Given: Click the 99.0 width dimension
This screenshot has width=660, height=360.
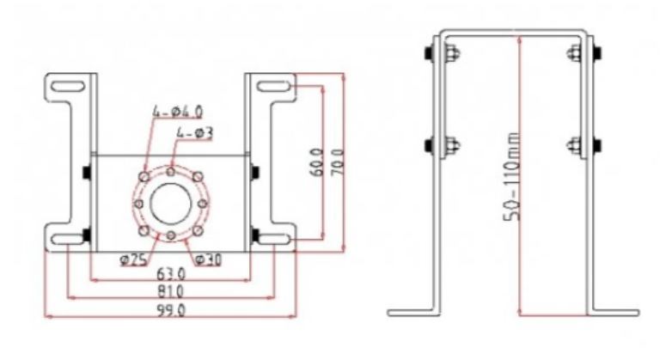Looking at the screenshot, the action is click(171, 311).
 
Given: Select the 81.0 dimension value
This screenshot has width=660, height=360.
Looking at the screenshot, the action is click(171, 291).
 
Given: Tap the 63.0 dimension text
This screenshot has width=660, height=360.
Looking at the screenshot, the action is click(171, 274).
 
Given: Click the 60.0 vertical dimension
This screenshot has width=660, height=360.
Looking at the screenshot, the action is click(318, 162).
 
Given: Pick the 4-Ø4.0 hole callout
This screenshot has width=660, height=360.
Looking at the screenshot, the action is click(178, 112).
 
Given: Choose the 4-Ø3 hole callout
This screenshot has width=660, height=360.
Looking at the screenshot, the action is click(195, 133).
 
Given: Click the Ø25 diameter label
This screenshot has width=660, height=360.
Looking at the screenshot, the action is click(133, 260).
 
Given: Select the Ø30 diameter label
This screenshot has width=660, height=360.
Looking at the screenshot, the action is click(208, 260).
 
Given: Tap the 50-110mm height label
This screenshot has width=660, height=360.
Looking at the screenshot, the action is click(512, 176).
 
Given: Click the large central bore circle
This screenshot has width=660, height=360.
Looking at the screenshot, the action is click(171, 204).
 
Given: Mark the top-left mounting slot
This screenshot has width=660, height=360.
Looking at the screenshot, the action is click(68, 87).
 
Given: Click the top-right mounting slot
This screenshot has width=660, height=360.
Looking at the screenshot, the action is click(273, 87).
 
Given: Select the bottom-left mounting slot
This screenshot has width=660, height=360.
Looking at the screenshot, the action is click(68, 240).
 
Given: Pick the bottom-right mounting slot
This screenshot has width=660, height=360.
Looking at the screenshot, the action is click(273, 240).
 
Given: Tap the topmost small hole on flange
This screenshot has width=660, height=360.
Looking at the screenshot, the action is click(170, 172).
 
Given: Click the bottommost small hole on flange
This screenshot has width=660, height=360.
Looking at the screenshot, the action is click(170, 235).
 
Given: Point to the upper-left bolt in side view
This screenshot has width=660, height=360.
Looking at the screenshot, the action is click(442, 53).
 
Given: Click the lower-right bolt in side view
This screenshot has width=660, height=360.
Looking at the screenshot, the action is click(584, 146).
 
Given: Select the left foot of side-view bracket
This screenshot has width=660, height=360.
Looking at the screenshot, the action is click(413, 313).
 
